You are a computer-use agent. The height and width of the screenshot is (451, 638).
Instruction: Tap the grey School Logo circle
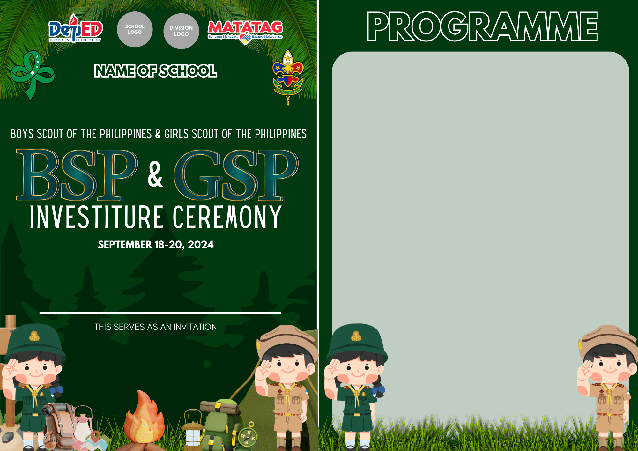(x=135, y=29)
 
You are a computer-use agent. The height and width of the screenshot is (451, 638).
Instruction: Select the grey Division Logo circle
(x=181, y=31)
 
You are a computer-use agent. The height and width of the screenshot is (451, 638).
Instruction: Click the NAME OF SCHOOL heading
(x=156, y=71)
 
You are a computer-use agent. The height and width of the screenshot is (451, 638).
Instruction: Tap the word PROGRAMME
(x=482, y=27)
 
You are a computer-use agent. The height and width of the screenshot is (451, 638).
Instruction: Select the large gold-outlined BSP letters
(x=77, y=175)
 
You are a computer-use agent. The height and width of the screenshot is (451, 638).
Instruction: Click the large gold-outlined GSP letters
(x=236, y=175)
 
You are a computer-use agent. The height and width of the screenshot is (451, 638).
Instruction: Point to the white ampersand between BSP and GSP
(x=155, y=174)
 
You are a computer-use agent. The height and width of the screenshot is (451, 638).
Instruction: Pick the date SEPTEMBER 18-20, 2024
(x=156, y=245)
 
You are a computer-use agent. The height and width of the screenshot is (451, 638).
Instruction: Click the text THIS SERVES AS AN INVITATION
(x=156, y=327)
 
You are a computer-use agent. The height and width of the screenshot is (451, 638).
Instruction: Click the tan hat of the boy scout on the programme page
(x=608, y=340)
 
